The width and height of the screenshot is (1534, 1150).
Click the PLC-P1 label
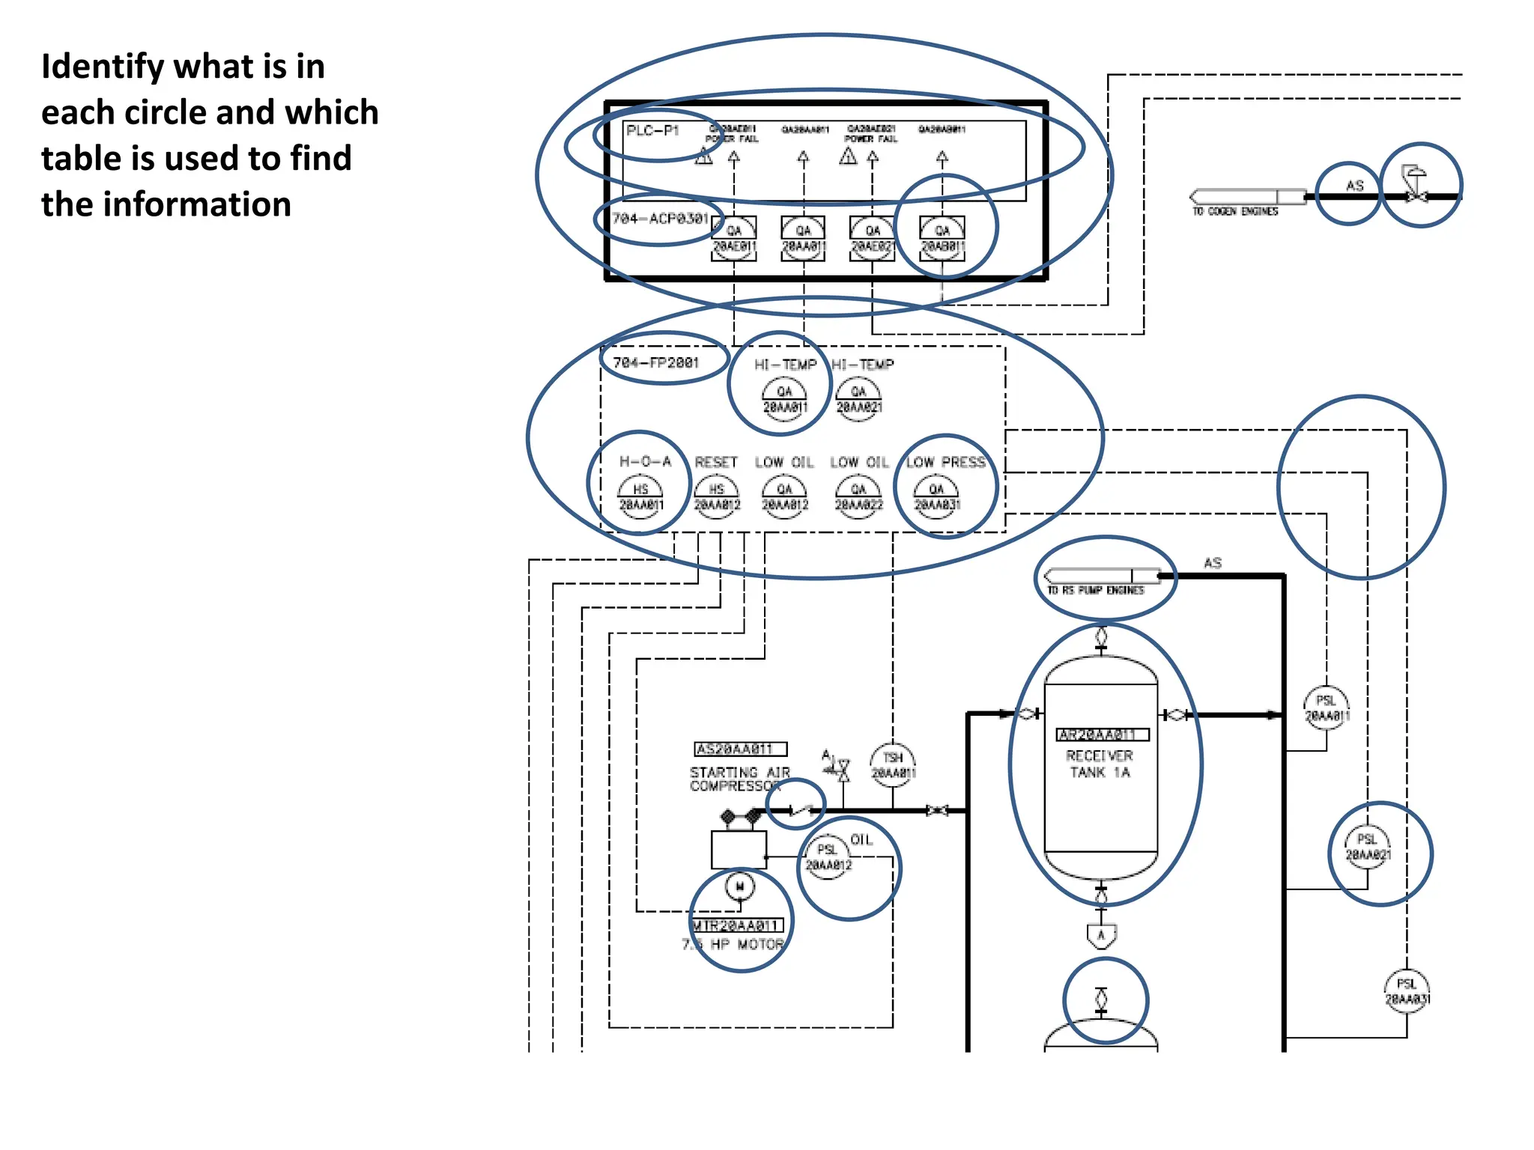point(652,131)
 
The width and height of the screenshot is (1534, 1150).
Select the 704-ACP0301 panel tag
point(660,219)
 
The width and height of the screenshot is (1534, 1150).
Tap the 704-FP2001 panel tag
point(656,363)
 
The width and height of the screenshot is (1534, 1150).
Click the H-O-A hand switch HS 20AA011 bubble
point(640,497)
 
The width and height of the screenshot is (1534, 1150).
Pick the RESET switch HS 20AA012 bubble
point(717,497)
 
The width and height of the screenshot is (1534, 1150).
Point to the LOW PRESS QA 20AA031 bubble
point(936,497)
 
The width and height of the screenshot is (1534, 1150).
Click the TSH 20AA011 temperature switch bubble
point(893,765)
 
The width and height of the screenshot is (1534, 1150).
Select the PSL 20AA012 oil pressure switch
point(828,858)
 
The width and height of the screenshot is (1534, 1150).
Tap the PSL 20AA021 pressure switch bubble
point(1368,848)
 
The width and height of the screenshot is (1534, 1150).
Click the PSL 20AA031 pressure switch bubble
point(1407,992)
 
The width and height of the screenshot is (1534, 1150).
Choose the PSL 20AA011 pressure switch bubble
point(1327,708)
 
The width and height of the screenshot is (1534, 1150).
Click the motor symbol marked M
point(740,887)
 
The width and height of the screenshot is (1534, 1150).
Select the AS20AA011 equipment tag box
point(740,749)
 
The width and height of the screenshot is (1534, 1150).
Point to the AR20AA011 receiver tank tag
point(1101,735)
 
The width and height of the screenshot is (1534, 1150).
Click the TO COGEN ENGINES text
point(1235,212)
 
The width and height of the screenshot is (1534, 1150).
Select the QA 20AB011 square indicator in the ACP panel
point(942,238)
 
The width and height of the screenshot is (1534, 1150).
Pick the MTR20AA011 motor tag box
point(737,926)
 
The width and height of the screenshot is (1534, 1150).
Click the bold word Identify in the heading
point(102,67)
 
